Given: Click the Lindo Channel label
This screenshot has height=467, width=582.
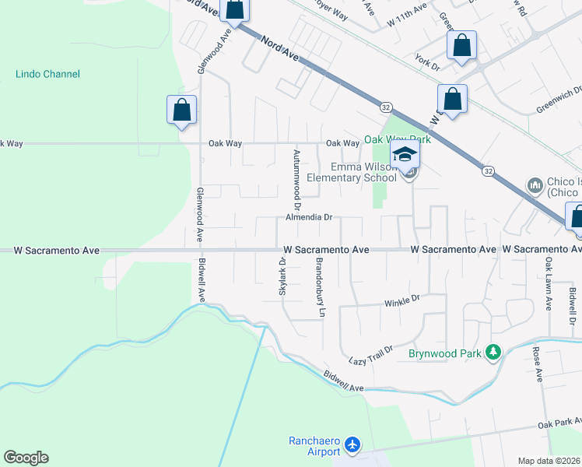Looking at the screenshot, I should (x=47, y=74).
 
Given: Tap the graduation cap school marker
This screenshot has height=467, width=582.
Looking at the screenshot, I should (x=405, y=155).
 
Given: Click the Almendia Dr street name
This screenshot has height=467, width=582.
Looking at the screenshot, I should (x=308, y=218).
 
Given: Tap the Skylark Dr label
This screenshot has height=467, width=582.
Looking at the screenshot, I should (x=282, y=277).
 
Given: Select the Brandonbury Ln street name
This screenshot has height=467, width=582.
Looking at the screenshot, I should (x=319, y=287).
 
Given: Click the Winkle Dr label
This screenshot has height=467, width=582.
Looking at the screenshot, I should (x=402, y=298).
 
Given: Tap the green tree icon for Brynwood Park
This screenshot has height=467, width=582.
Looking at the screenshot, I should (x=493, y=353).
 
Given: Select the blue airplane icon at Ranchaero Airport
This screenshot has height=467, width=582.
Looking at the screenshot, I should (x=353, y=445).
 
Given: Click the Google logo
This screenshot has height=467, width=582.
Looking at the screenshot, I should (x=26, y=458).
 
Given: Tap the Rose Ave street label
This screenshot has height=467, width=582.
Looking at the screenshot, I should (x=537, y=364).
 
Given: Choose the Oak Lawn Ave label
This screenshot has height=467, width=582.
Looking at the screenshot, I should (x=549, y=280).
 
